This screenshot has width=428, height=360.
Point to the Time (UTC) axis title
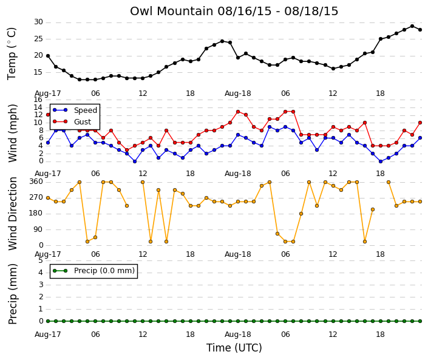coord(234,348)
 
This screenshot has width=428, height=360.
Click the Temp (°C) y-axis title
coord(12,54)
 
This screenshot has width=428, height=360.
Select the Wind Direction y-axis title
coord(13,214)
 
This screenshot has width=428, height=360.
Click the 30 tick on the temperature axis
coord(38,22)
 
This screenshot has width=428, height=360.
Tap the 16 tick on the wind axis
coord(38,100)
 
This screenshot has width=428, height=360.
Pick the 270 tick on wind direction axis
coord(36,197)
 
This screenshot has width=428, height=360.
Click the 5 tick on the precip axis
coord(41,260)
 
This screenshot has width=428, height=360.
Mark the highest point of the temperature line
coord(412,26)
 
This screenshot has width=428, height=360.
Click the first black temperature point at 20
coord(48,56)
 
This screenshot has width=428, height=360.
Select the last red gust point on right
coord(420,123)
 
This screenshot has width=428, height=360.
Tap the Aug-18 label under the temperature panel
coord(238,93)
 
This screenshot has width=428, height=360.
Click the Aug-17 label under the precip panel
coord(48,335)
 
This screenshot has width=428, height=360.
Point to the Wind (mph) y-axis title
coord(13,133)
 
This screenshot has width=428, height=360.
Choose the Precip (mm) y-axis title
coord(13,294)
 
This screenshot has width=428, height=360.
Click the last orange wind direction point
coord(420,202)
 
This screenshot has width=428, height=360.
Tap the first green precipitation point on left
coord(48,321)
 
